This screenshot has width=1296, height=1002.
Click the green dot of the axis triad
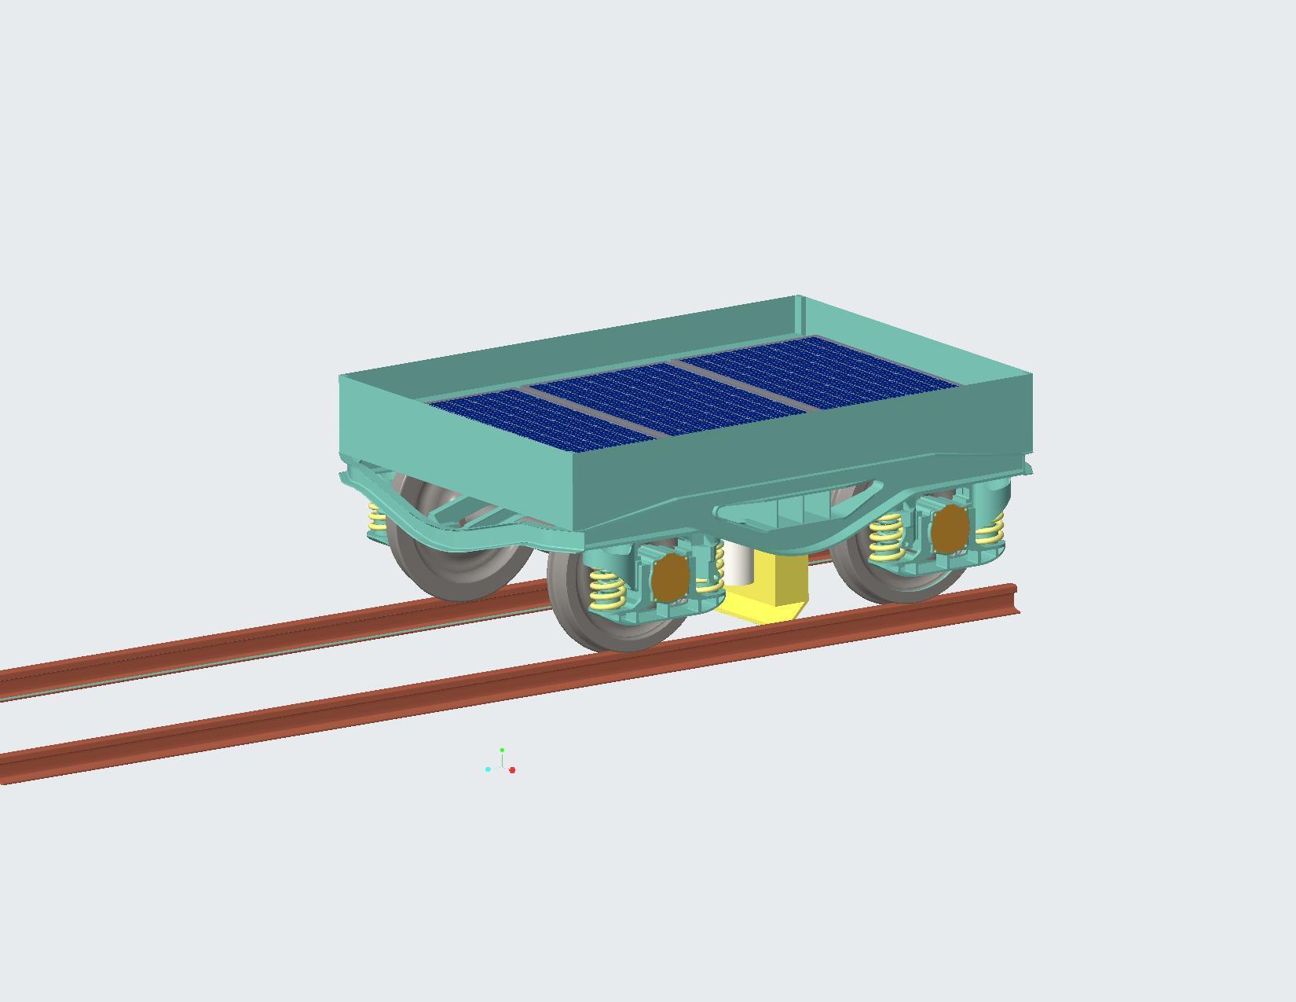click(x=502, y=751)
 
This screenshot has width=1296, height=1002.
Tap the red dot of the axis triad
click(x=512, y=770)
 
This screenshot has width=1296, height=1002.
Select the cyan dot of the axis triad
click(x=488, y=769)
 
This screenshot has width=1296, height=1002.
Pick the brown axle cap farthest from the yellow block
click(x=950, y=528)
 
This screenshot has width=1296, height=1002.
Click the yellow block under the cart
click(x=774, y=585)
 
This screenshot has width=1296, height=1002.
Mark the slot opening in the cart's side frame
click(x=793, y=511)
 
